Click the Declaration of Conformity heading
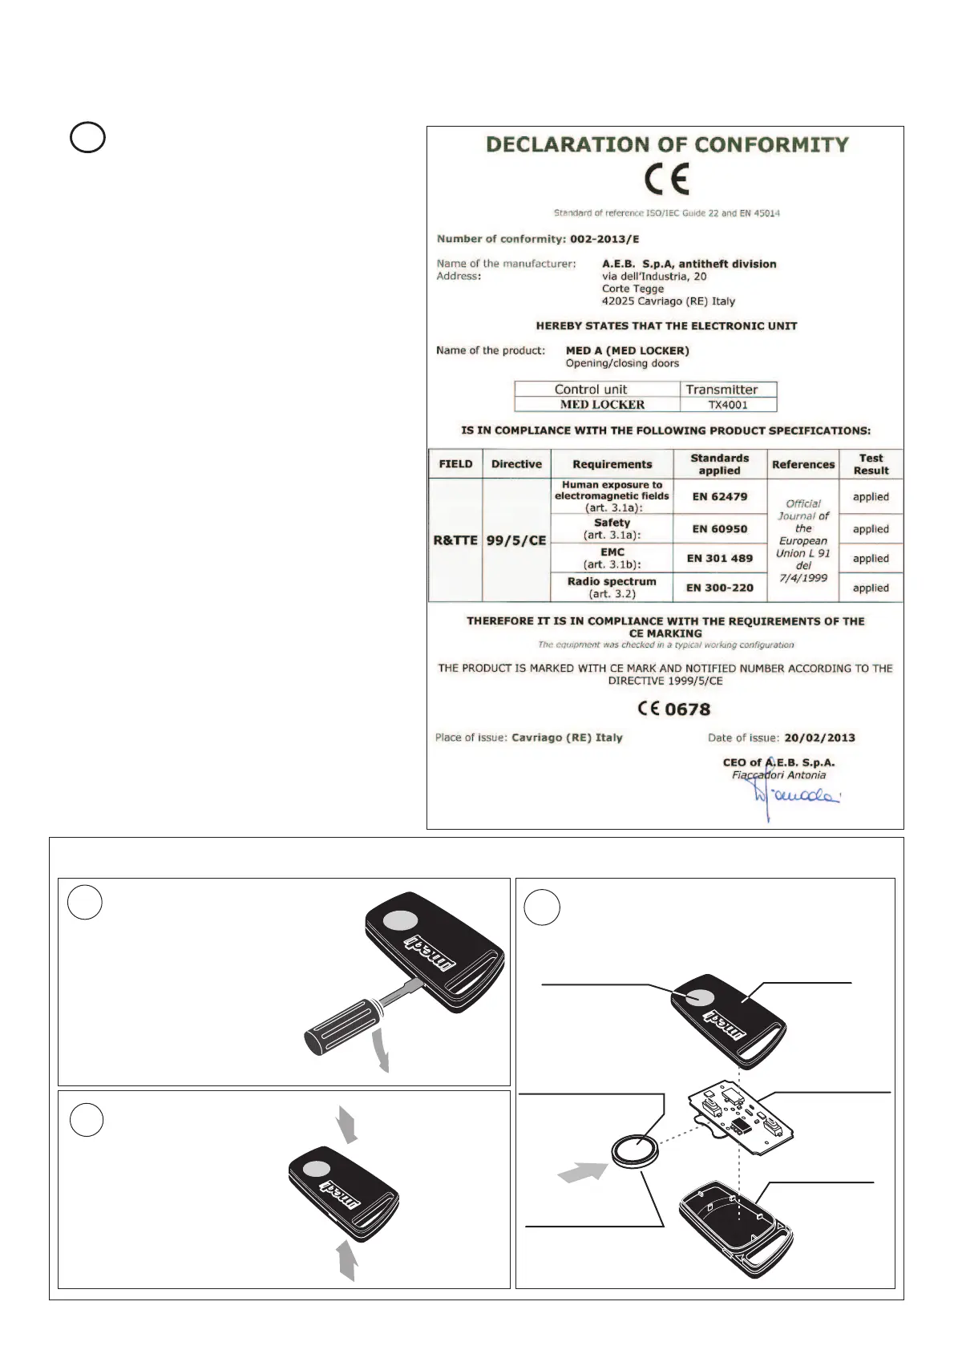click(x=667, y=145)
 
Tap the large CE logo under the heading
click(x=667, y=180)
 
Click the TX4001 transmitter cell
click(x=728, y=405)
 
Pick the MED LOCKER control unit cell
click(x=602, y=405)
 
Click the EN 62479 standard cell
click(x=720, y=497)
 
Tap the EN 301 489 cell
click(x=720, y=559)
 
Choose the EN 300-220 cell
click(x=720, y=588)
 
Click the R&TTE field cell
click(x=455, y=540)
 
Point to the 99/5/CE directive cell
click(x=516, y=540)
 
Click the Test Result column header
click(x=871, y=464)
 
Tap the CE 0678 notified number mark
click(x=674, y=709)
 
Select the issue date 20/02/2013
click(x=819, y=738)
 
